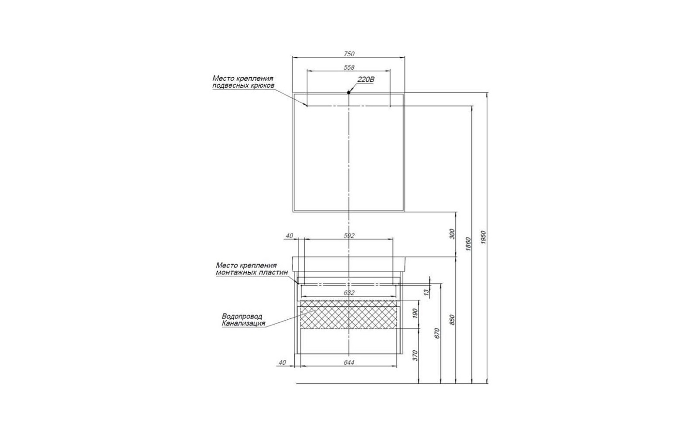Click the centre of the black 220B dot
(x=348, y=92)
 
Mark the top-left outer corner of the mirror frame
(x=293, y=92)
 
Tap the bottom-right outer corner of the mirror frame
(x=405, y=212)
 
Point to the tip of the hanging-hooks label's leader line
(x=307, y=106)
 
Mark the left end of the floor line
(x=296, y=384)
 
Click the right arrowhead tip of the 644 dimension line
(x=397, y=366)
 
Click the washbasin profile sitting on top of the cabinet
(x=348, y=264)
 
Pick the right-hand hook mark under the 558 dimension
(x=390, y=106)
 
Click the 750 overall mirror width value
(x=349, y=54)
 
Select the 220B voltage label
(x=366, y=79)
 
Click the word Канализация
(x=243, y=324)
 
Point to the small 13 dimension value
(x=426, y=292)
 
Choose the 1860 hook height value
(x=468, y=244)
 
